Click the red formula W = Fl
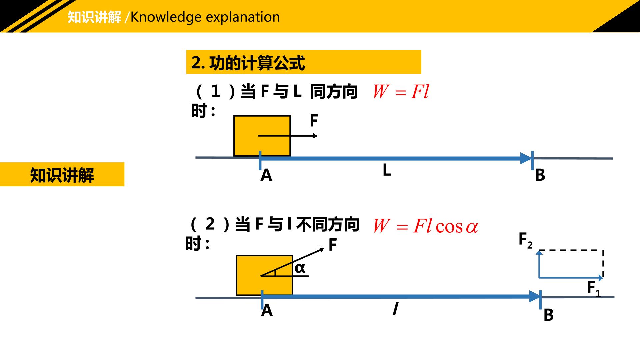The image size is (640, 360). tap(401, 91)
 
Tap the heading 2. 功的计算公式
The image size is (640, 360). tap(248, 62)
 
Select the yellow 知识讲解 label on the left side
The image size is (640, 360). tap(62, 174)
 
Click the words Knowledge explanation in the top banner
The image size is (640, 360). tap(205, 17)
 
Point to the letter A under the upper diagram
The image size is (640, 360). tap(266, 175)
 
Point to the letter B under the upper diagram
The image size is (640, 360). tap(540, 175)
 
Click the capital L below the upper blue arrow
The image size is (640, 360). tap(387, 170)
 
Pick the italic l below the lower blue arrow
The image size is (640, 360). tap(395, 308)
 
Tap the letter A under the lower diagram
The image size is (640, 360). tap(267, 310)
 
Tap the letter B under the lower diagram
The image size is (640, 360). tap(548, 315)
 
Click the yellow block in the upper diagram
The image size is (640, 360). tap(262, 136)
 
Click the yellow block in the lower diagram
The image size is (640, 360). tap(264, 275)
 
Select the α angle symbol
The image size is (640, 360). tap(300, 268)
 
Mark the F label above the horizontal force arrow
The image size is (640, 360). tap(314, 121)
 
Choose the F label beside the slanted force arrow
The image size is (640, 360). tap(333, 245)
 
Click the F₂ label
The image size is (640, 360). tap(525, 240)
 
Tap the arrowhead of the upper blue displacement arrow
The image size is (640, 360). tap(526, 158)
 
